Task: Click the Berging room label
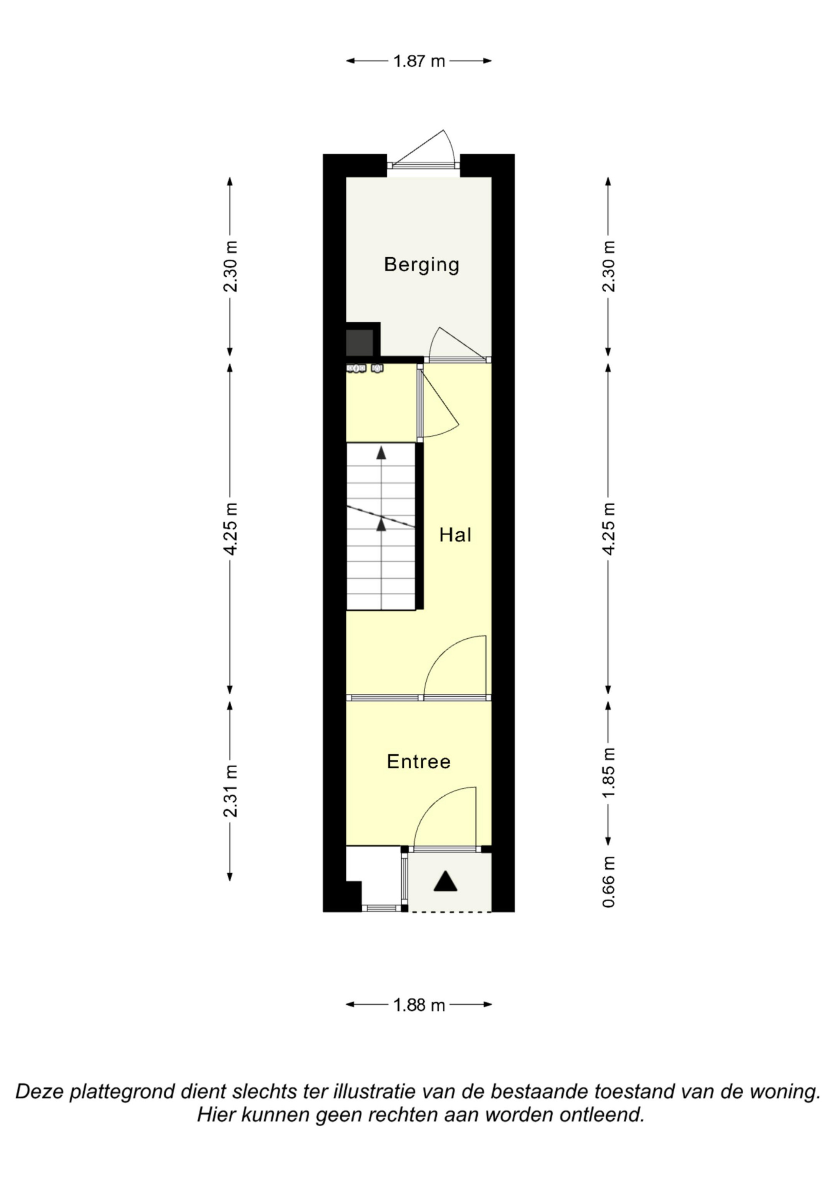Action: [x=421, y=265]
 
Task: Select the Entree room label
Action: [x=419, y=762]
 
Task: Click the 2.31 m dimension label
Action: [x=230, y=791]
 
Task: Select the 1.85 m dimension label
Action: [x=609, y=773]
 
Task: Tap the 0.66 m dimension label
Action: [x=609, y=882]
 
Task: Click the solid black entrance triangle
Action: [x=445, y=881]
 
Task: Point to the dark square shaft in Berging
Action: [x=359, y=343]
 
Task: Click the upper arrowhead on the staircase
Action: [x=381, y=453]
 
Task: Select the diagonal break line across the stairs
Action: [x=381, y=516]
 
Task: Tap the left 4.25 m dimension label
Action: [x=230, y=529]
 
